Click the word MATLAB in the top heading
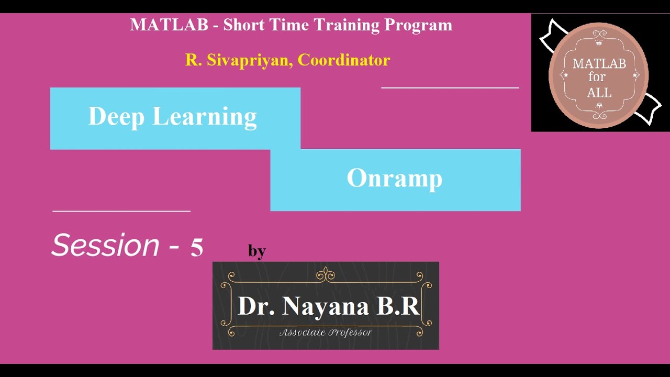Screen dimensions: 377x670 [x=169, y=25]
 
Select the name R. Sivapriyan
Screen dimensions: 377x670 [x=239, y=60]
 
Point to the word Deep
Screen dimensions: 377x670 [x=116, y=117]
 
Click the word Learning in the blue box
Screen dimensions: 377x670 [x=205, y=117]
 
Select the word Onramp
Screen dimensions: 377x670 [x=395, y=178]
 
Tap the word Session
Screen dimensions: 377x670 [x=105, y=245]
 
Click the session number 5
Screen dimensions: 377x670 [x=196, y=247]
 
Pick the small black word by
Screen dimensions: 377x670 [x=257, y=251]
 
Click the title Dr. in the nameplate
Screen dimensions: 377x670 [x=256, y=306]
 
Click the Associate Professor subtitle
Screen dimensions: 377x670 [x=326, y=332]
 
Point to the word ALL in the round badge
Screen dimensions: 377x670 [x=599, y=93]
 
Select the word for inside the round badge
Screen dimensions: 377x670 [x=597, y=77]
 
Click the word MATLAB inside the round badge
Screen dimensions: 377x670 [x=599, y=64]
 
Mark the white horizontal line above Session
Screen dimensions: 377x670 [x=121, y=211]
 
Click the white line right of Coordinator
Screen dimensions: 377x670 [x=450, y=88]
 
